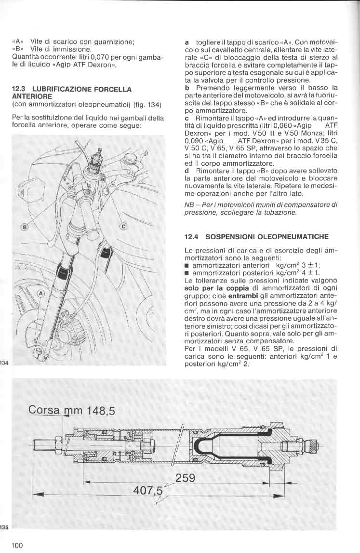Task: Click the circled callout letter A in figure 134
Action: point(40,293)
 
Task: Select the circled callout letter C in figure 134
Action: point(122,226)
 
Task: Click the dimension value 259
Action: point(185,478)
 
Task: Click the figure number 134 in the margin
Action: point(4,363)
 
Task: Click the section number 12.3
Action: point(18,89)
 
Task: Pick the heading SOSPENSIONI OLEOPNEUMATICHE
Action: point(267,237)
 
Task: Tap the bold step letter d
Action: point(187,171)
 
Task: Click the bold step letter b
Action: point(187,88)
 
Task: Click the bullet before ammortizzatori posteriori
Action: point(187,273)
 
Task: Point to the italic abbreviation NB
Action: point(189,204)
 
